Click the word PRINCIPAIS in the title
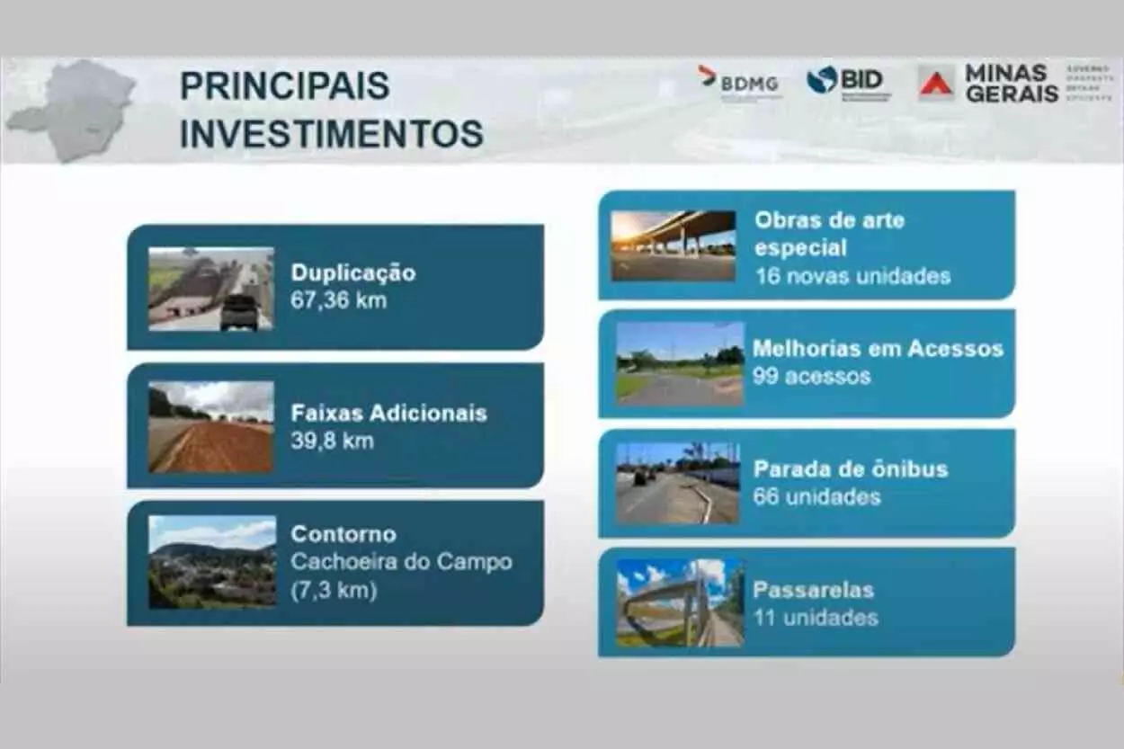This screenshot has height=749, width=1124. [x=285, y=85]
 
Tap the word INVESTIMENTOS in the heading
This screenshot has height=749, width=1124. [x=332, y=133]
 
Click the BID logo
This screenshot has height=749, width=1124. [x=848, y=82]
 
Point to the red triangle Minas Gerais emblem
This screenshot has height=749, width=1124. [x=935, y=85]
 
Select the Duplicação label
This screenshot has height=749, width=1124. [x=352, y=273]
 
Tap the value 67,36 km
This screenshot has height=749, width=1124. [x=338, y=300]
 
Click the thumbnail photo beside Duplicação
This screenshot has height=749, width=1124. [x=210, y=289]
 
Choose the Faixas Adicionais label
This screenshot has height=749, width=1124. [x=388, y=413]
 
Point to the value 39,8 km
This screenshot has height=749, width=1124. [x=331, y=441]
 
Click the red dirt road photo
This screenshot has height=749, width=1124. [x=210, y=427]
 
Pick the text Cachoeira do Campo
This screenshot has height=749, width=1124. [x=401, y=562]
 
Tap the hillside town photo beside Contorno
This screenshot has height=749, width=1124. [x=212, y=562]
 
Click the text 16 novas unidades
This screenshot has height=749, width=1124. [x=852, y=275]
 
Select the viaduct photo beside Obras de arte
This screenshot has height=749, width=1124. [x=673, y=245]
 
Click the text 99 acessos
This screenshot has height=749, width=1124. [x=811, y=376]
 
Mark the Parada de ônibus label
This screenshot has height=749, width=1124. [x=850, y=468]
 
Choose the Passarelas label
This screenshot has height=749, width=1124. [x=813, y=590]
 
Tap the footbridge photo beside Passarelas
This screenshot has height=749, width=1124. [x=680, y=602]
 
